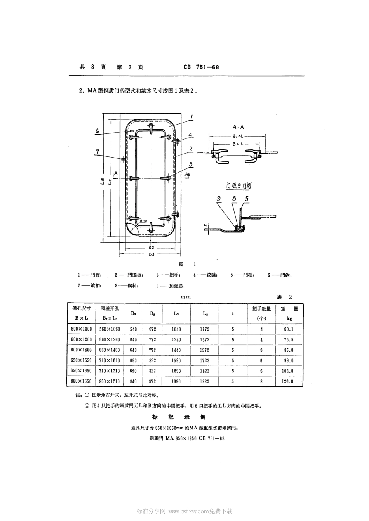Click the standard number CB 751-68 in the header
(x=201, y=67)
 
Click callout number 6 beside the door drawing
(x=97, y=131)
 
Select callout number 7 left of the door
(x=97, y=152)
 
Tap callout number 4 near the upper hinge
(x=190, y=135)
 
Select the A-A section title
(x=238, y=127)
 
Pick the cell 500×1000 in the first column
(x=82, y=329)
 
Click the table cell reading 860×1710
(x=110, y=381)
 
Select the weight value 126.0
(x=288, y=381)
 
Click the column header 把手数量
(x=261, y=309)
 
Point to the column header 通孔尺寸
(x=82, y=309)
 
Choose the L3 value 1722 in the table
(x=204, y=360)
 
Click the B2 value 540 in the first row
(x=133, y=329)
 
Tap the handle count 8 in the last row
(x=261, y=381)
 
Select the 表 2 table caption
(x=284, y=297)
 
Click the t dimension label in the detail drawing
(x=207, y=225)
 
